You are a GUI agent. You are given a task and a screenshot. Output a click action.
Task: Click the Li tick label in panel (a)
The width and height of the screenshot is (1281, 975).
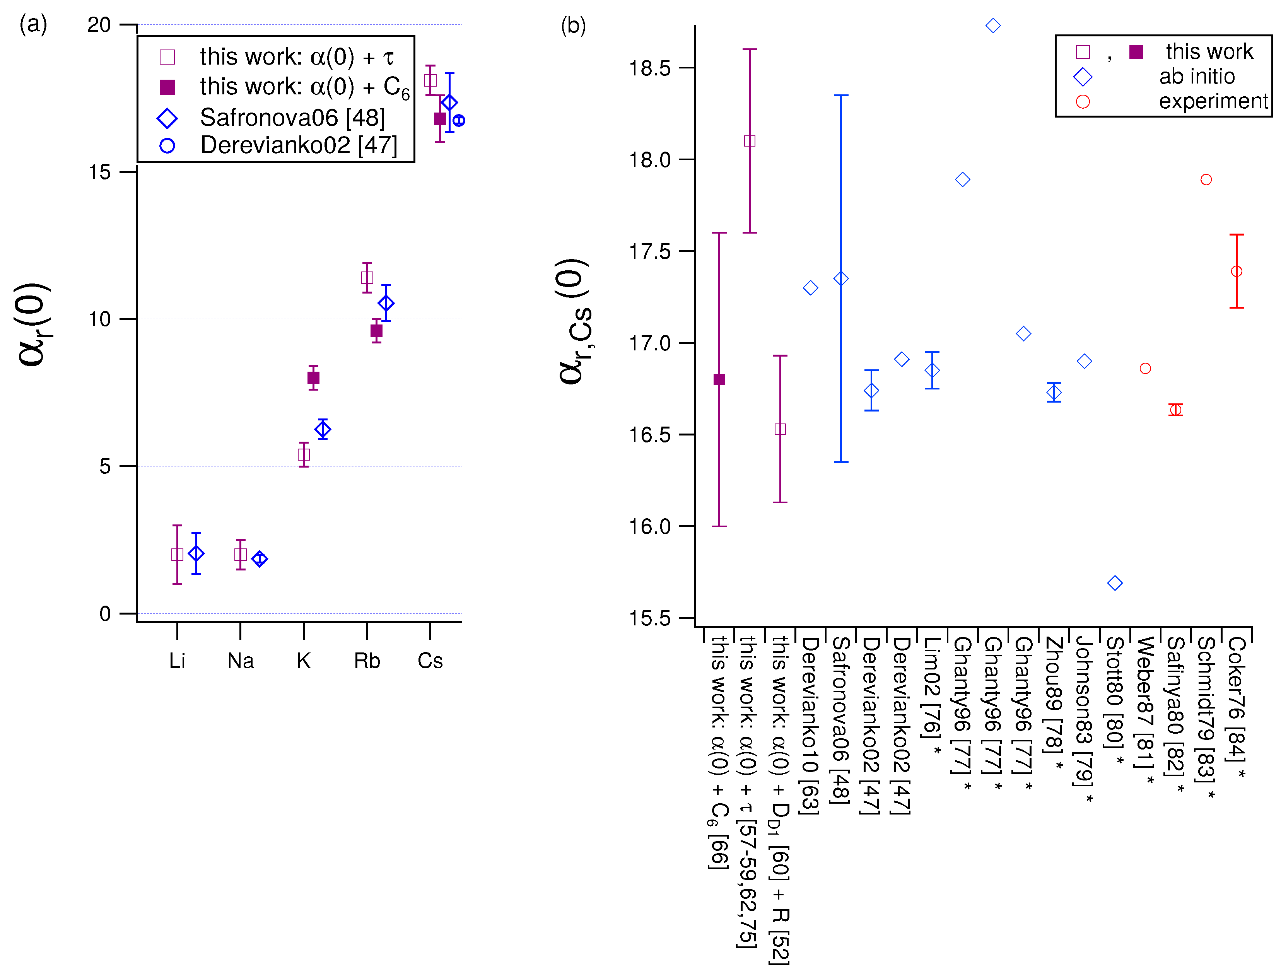click(x=177, y=661)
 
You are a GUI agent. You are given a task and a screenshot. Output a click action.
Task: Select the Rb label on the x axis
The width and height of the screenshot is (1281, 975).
click(x=367, y=661)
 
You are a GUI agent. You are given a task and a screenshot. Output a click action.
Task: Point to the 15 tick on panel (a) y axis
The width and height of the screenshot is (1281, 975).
click(x=99, y=172)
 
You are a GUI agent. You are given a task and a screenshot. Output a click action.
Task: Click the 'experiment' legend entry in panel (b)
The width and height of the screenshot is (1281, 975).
click(x=1213, y=102)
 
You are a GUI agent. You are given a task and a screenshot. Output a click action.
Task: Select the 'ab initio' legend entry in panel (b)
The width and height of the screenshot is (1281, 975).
click(x=1196, y=77)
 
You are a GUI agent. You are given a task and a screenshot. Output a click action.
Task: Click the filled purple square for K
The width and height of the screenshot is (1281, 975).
click(x=313, y=378)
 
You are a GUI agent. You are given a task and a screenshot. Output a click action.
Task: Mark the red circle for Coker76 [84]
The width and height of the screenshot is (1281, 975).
click(x=1236, y=271)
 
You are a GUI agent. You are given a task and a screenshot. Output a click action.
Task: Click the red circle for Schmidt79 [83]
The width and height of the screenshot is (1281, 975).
click(x=1206, y=180)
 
